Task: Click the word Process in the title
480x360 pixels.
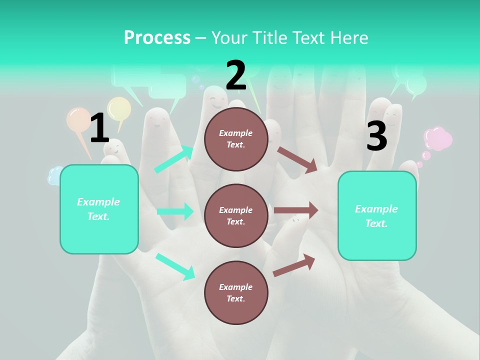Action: [x=157, y=37]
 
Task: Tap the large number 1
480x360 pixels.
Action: [x=99, y=128]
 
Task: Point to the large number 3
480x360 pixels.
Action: [x=376, y=136]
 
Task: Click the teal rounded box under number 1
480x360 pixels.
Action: [x=99, y=209]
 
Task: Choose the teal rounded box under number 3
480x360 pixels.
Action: [x=377, y=215]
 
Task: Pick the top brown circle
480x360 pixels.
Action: [x=236, y=139]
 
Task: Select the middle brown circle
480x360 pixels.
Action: [x=236, y=215]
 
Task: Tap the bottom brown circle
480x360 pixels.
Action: [x=236, y=292]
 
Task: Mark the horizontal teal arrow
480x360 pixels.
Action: [x=175, y=211]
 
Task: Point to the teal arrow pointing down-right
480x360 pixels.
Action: [x=175, y=266]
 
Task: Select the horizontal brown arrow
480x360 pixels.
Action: [x=296, y=210]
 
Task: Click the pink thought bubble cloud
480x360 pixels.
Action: [x=437, y=138]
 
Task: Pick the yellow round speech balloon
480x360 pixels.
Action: [x=119, y=108]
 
